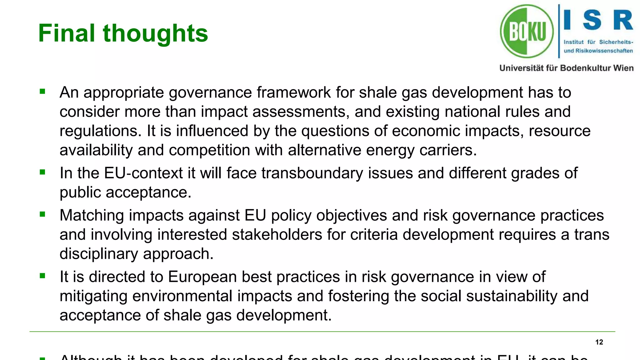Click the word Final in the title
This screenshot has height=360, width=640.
(67, 33)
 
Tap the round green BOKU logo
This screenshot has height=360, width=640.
(527, 31)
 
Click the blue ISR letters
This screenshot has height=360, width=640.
(598, 20)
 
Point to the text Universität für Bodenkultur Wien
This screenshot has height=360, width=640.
(566, 68)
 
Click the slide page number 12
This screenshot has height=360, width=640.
(599, 342)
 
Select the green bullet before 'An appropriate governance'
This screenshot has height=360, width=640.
(42, 92)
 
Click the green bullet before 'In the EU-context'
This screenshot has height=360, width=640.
(42, 172)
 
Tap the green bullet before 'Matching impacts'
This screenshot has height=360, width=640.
(42, 214)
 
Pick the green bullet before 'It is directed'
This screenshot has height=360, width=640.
(42, 276)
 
